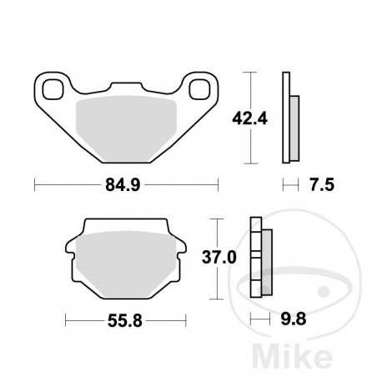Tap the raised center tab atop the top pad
[126, 86]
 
